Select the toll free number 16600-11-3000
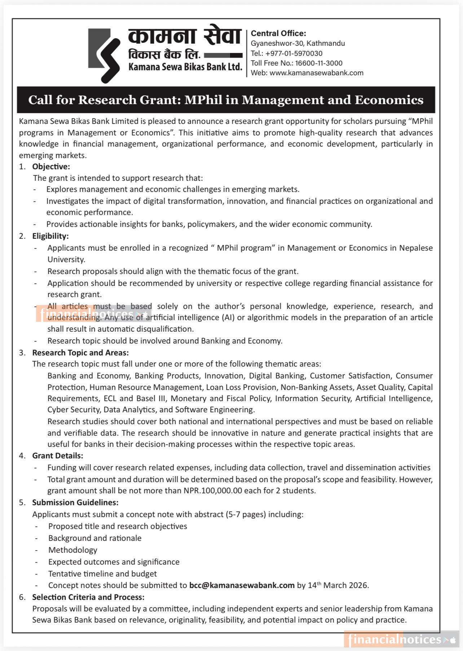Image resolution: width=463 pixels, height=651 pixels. tap(319, 63)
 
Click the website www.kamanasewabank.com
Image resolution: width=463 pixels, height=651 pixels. tap(316, 73)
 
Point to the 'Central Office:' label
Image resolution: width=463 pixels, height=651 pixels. tap(278, 33)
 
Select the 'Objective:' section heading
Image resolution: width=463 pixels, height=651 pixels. tap(51, 166)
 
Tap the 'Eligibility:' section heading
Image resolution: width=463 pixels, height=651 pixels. tap(50, 236)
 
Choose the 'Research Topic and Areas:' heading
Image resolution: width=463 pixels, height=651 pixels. tap(80, 353)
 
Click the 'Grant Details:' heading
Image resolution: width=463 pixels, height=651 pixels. tap(57, 455)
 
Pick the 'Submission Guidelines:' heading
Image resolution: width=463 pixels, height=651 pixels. tap(75, 502)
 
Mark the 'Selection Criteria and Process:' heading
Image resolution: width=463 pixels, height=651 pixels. tap(88, 597)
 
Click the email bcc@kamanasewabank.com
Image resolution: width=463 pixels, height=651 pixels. tap(242, 585)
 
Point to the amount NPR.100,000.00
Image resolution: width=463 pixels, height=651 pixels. tap(213, 490)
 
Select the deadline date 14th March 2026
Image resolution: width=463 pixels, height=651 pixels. tap(338, 585)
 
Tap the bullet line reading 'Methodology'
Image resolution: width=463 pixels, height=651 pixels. tap(72, 550)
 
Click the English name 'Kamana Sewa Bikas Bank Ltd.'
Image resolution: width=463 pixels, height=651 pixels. tap(185, 67)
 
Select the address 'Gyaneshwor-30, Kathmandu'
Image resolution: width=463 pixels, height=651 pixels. tap(298, 43)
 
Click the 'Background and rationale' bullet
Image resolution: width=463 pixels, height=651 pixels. tap(95, 538)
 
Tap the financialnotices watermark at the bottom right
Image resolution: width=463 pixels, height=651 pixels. tap(395, 639)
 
